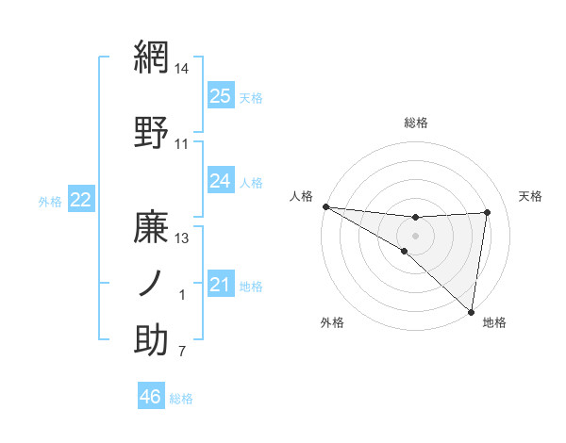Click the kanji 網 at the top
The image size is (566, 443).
pos(152,58)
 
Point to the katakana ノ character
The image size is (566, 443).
pos(151,284)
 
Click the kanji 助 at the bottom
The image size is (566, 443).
pos(152,339)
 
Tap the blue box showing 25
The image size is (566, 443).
pos(220,95)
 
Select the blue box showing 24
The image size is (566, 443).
pos(220,180)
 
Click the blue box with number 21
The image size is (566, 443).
pos(220,285)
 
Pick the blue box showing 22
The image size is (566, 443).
pos(80,199)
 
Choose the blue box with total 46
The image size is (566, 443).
pos(151,397)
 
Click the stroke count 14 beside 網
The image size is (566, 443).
pos(182,69)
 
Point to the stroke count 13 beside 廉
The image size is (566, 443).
pos(182,238)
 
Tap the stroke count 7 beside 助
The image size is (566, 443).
pos(182,353)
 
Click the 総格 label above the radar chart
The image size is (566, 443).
pos(415,123)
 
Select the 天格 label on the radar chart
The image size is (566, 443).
pos(530,196)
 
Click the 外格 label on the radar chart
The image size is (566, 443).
pos(332,322)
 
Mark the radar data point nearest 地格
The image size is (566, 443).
pos(471,311)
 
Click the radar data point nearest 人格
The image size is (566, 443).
pos(325,206)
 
